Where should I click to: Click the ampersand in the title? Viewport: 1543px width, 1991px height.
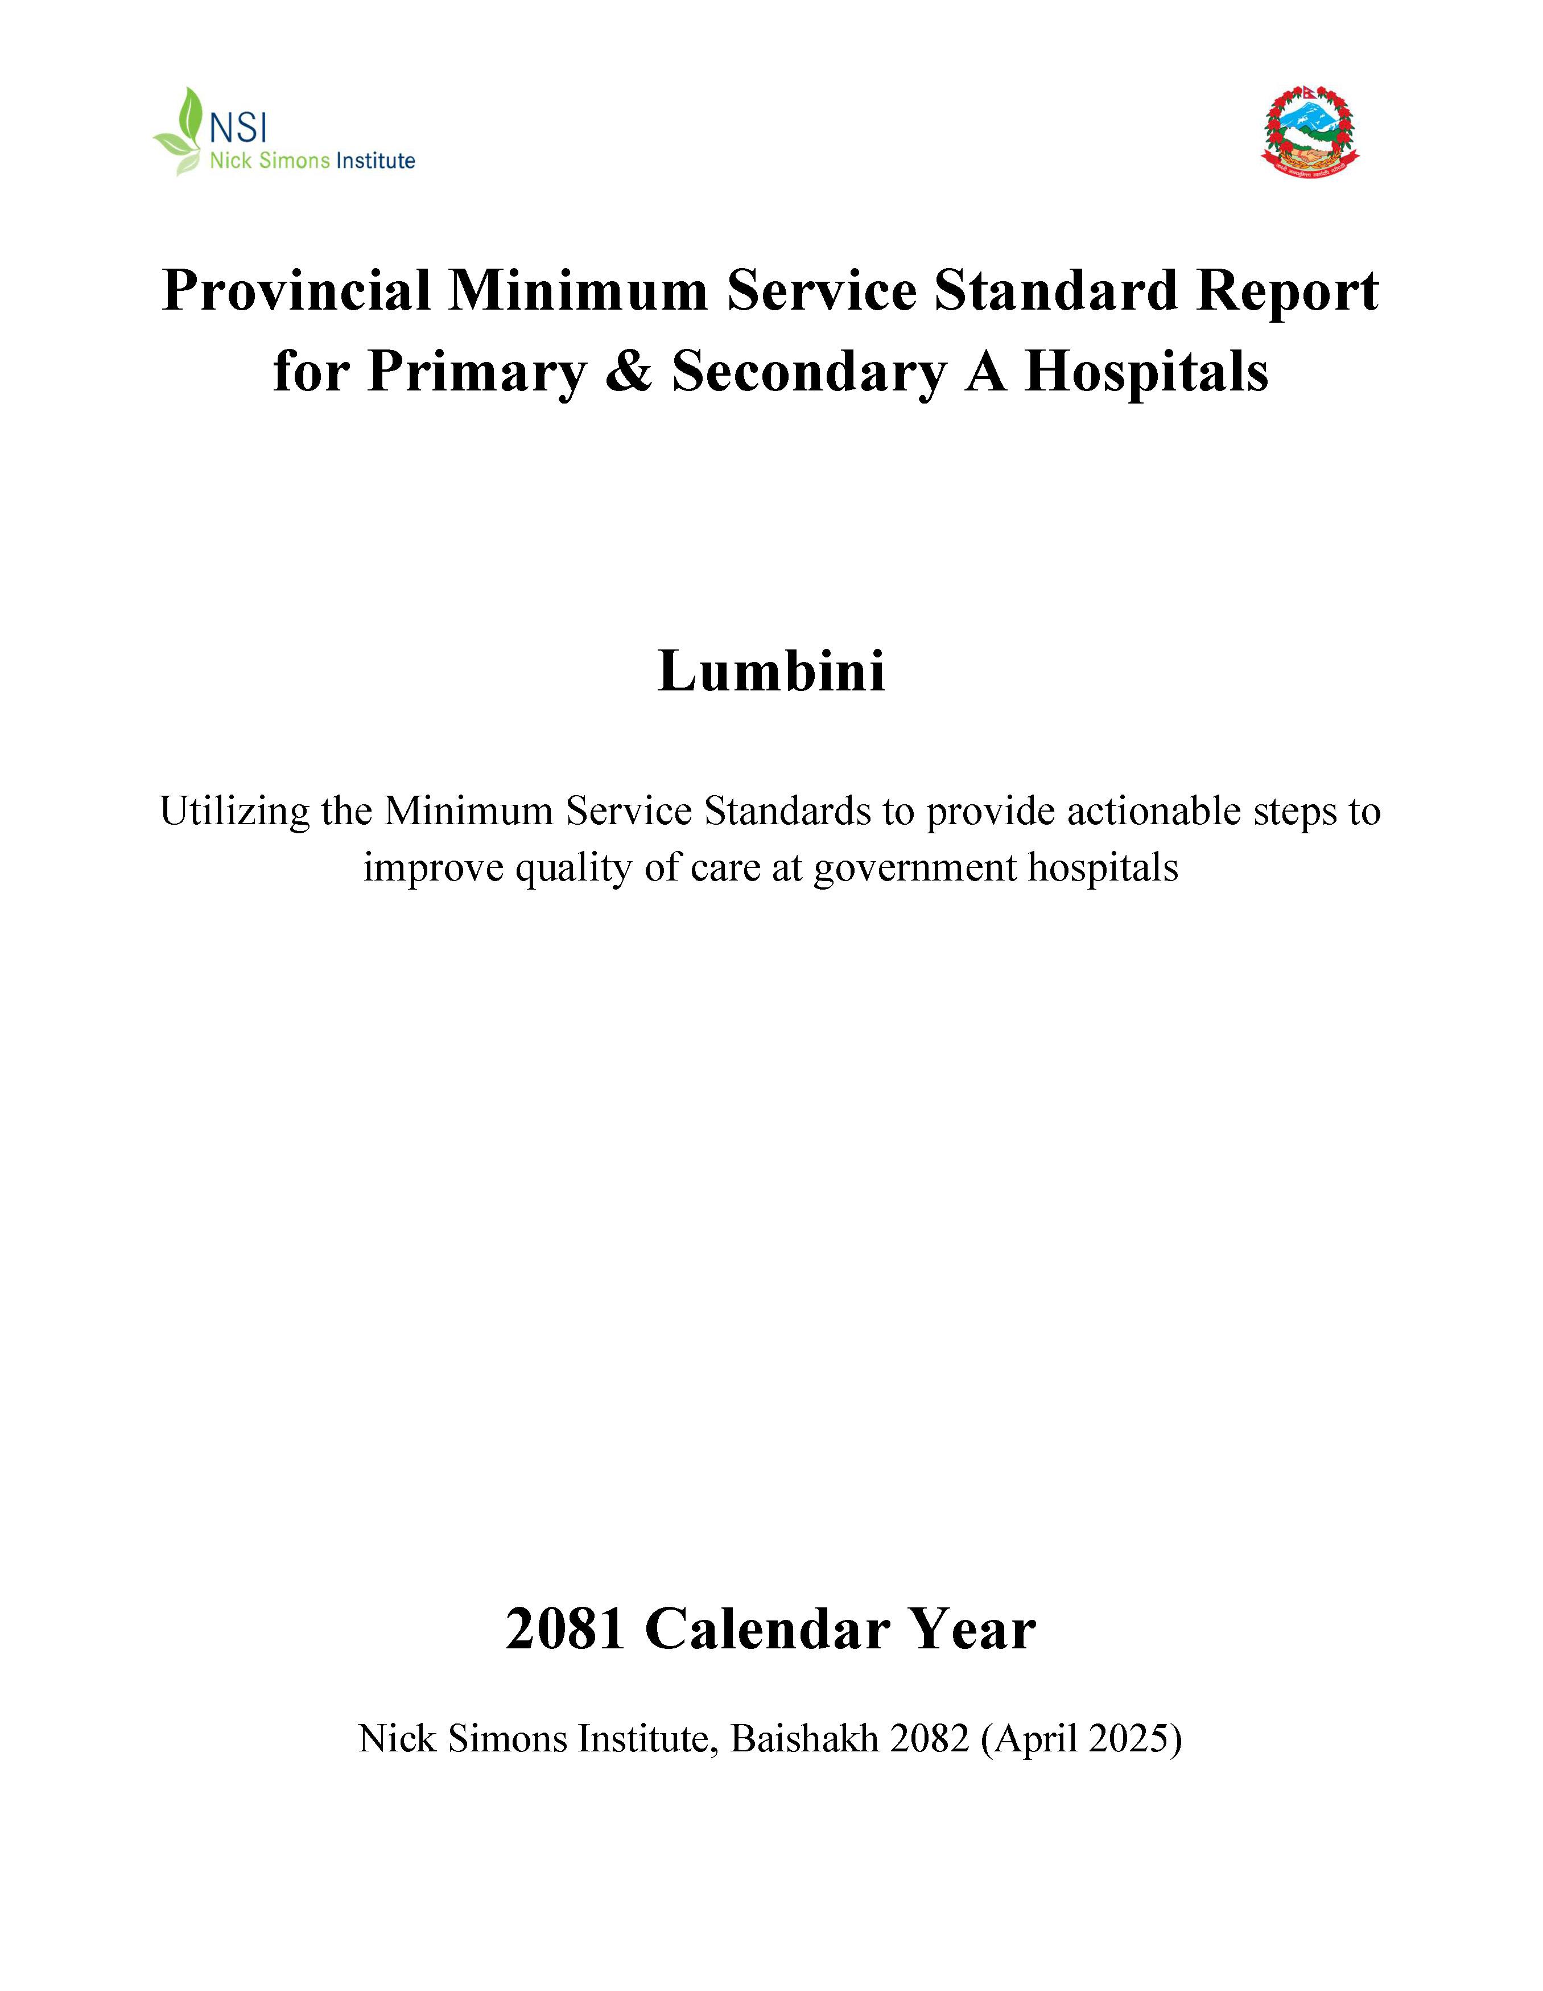click(628, 372)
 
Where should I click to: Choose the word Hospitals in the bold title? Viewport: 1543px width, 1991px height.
click(1146, 372)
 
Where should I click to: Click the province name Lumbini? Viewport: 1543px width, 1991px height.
click(771, 672)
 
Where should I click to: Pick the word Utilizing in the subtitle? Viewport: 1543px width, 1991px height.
click(235, 811)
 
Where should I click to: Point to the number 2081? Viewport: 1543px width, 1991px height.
click(565, 1629)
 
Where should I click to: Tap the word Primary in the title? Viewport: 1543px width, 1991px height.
click(476, 372)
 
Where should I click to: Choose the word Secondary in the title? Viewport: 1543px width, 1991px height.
click(807, 372)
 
